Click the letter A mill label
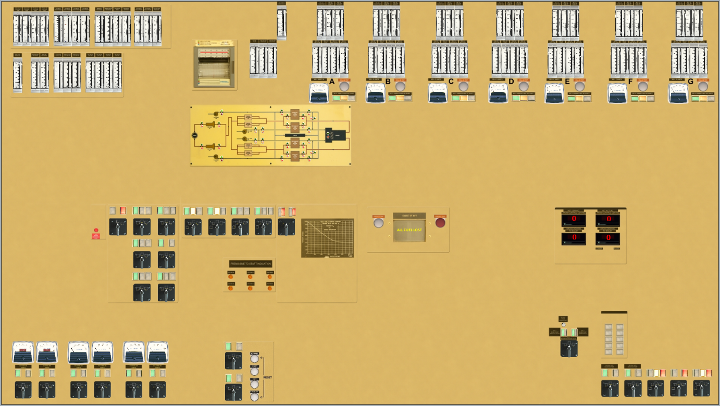coord(332,81)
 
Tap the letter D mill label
coord(511,81)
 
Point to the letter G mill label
coord(691,81)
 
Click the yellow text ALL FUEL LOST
coord(409,230)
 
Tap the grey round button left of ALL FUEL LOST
coord(379,223)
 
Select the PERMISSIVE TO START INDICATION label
coord(251,264)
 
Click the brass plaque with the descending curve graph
coord(327,238)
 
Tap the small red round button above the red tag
coord(96,230)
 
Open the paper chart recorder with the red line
coord(215,65)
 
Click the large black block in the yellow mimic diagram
coord(334,135)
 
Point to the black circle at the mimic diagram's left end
coord(194,135)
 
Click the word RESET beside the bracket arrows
coord(267,377)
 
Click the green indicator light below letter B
coord(392,98)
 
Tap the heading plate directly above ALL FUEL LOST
coord(409,215)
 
